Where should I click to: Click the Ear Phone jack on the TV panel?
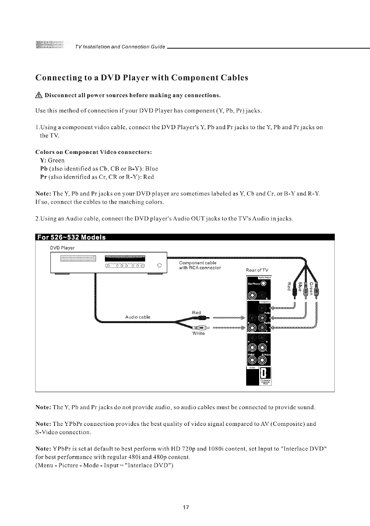263,284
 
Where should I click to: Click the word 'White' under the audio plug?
196,333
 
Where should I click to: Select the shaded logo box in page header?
49,45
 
